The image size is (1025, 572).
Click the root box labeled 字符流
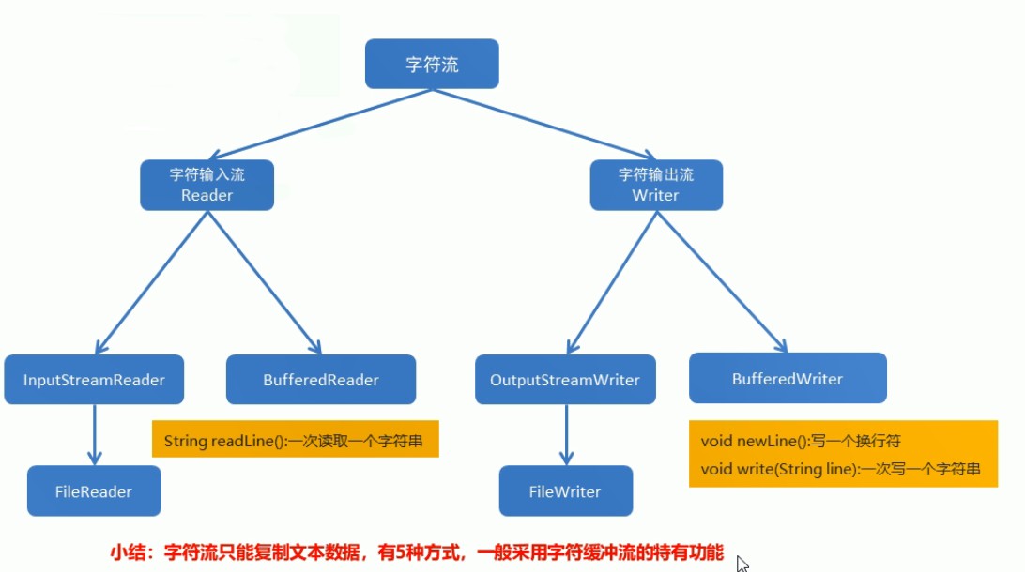[432, 64]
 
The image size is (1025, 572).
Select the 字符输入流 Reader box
[207, 186]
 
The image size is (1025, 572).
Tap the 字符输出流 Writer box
[656, 186]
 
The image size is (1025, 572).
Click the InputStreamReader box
[94, 380]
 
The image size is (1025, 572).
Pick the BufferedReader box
[321, 380]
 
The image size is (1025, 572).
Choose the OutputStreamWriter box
[565, 380]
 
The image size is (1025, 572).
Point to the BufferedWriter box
[788, 378]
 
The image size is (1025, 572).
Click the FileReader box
[94, 491]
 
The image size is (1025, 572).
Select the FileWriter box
[566, 491]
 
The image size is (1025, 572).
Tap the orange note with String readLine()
[296, 439]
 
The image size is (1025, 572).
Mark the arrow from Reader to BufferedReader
[265, 283]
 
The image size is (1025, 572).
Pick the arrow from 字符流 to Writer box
[543, 124]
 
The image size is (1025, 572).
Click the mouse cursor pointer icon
[742, 564]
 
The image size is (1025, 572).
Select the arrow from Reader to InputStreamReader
[152, 283]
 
